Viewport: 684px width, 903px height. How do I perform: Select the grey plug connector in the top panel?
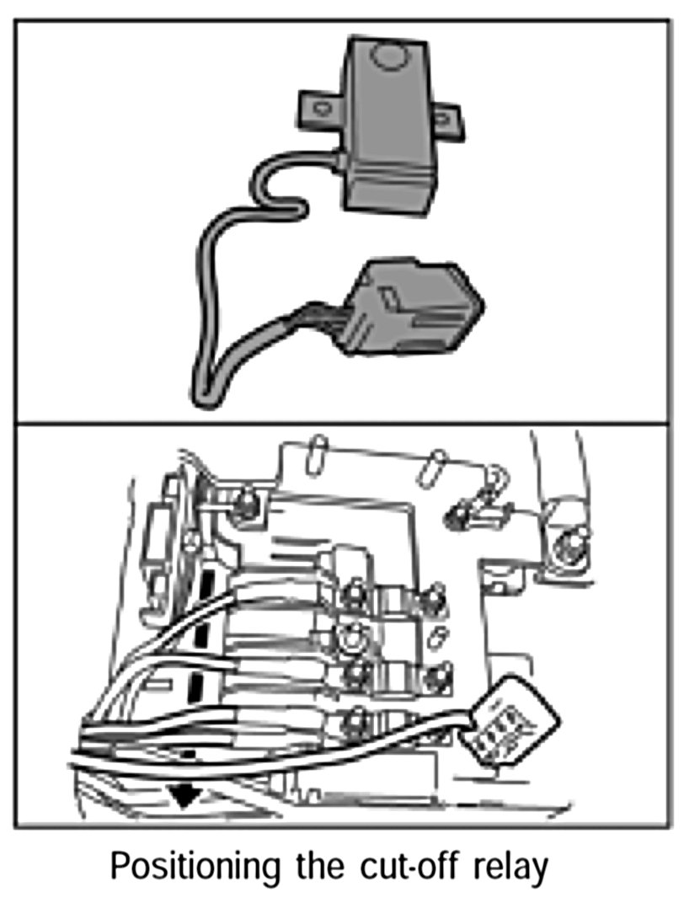(413, 307)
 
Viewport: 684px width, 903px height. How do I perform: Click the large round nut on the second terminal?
(350, 637)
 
